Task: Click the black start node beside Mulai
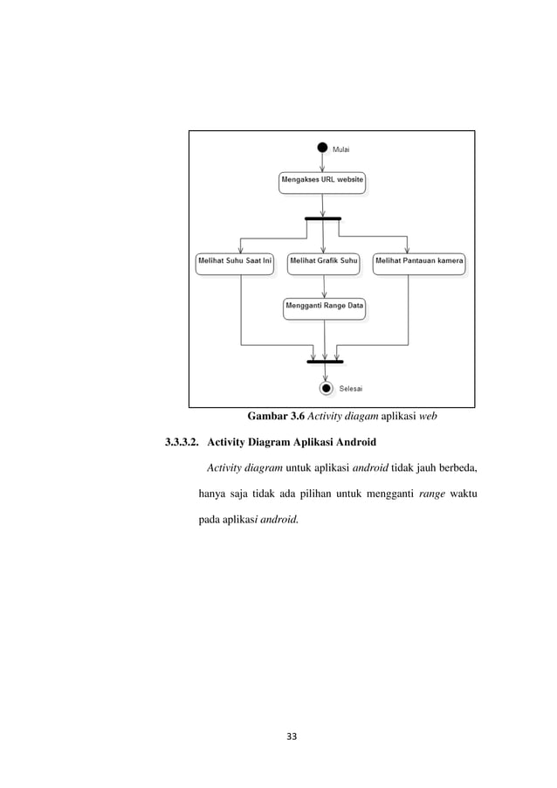[x=323, y=148]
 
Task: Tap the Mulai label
[x=342, y=149]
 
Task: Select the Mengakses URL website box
[x=322, y=183]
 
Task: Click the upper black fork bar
[x=323, y=218]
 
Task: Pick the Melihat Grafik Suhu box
[x=323, y=262]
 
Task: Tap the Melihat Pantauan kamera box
[x=420, y=262]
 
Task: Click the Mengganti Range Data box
[x=324, y=307]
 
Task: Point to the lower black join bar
[x=326, y=361]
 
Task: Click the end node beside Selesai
[x=327, y=388]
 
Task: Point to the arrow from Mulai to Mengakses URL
[x=323, y=162]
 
